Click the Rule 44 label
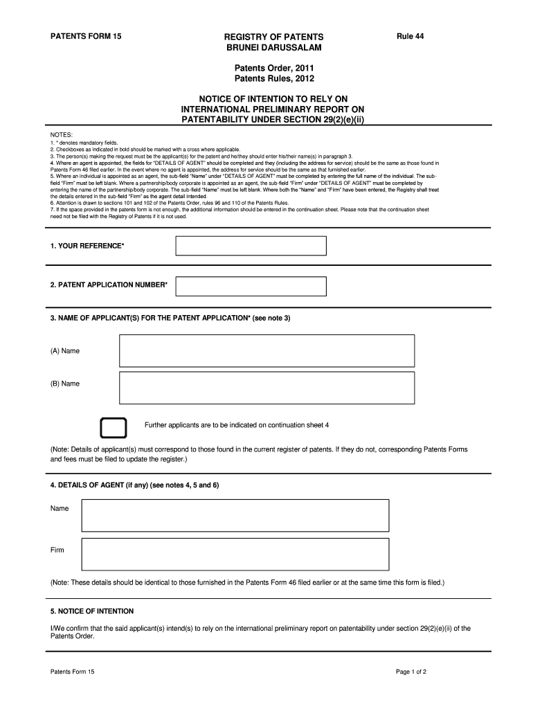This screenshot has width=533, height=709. (410, 35)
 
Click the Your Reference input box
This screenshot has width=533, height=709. (251, 246)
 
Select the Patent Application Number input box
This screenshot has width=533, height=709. (251, 286)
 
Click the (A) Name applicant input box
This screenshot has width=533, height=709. (266, 350)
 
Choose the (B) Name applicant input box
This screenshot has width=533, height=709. (266, 388)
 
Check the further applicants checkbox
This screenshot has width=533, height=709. (114, 428)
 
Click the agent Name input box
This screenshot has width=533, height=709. (235, 516)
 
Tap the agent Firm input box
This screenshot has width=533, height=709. (235, 554)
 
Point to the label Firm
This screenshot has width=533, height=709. (57, 550)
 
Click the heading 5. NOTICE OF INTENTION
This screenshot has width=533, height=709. (92, 611)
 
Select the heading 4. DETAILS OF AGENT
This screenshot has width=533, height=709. (134, 485)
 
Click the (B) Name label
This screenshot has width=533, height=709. (65, 384)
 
